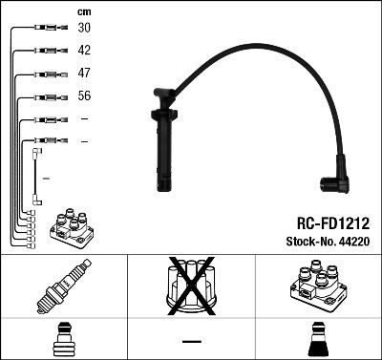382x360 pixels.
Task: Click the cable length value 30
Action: (x=84, y=29)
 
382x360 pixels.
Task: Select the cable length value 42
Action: (x=84, y=51)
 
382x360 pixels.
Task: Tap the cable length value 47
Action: (x=84, y=73)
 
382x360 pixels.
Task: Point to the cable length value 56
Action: (x=84, y=95)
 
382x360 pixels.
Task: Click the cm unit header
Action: (x=84, y=11)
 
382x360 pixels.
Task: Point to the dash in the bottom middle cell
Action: (x=191, y=341)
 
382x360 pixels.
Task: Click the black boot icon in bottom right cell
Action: (x=318, y=340)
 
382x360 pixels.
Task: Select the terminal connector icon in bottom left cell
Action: (x=63, y=340)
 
